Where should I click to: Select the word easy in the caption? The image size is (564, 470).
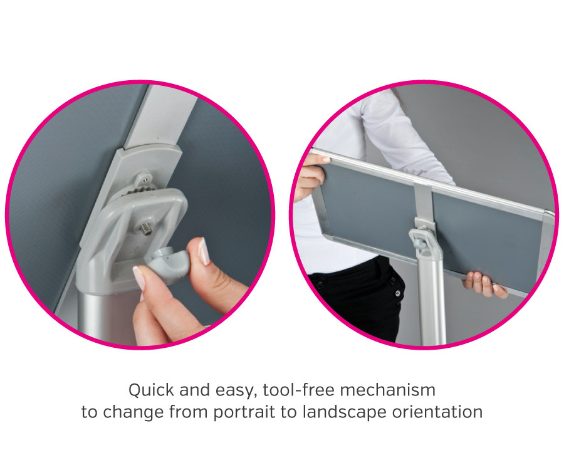tap(234, 390)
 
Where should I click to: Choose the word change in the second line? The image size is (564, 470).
tap(131, 412)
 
